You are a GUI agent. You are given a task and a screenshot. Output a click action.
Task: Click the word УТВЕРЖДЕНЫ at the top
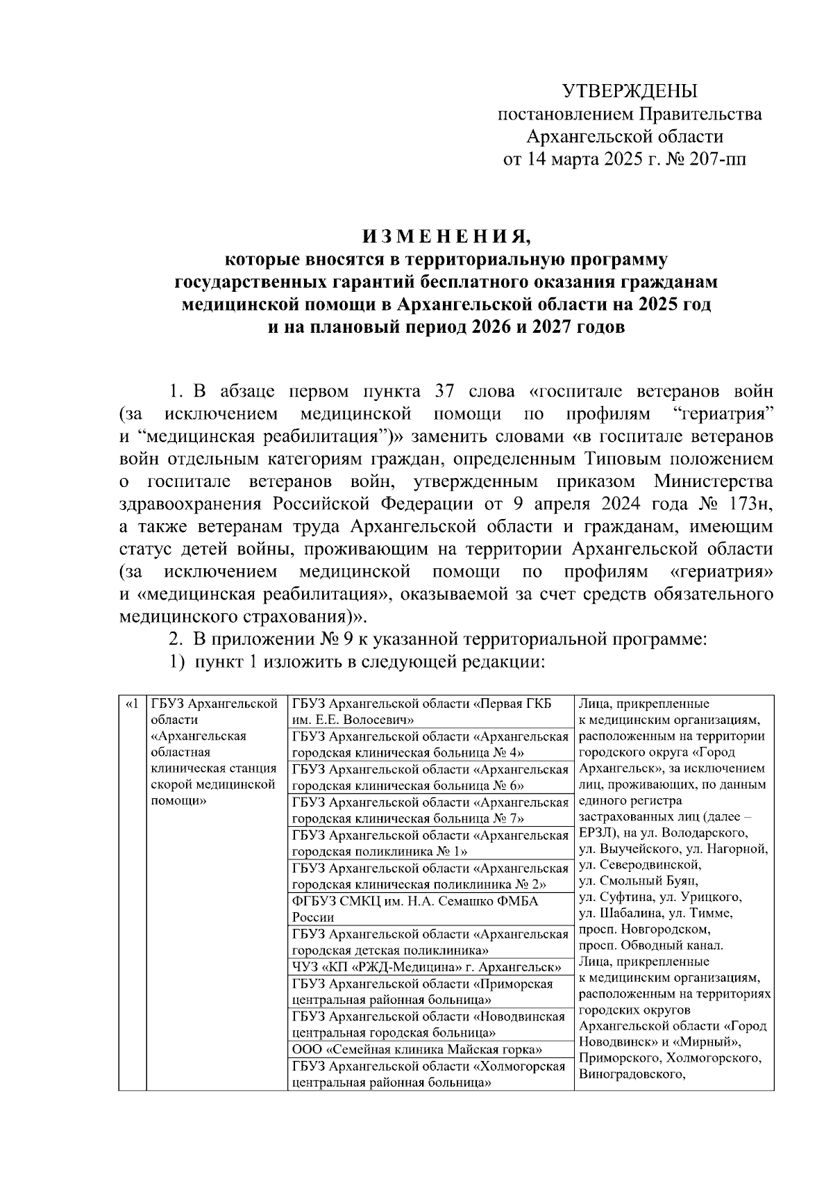tap(630, 91)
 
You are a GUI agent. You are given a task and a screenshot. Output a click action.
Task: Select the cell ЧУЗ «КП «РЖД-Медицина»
tap(427, 967)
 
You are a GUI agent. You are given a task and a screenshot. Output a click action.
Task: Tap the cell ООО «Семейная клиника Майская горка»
tap(417, 1050)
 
